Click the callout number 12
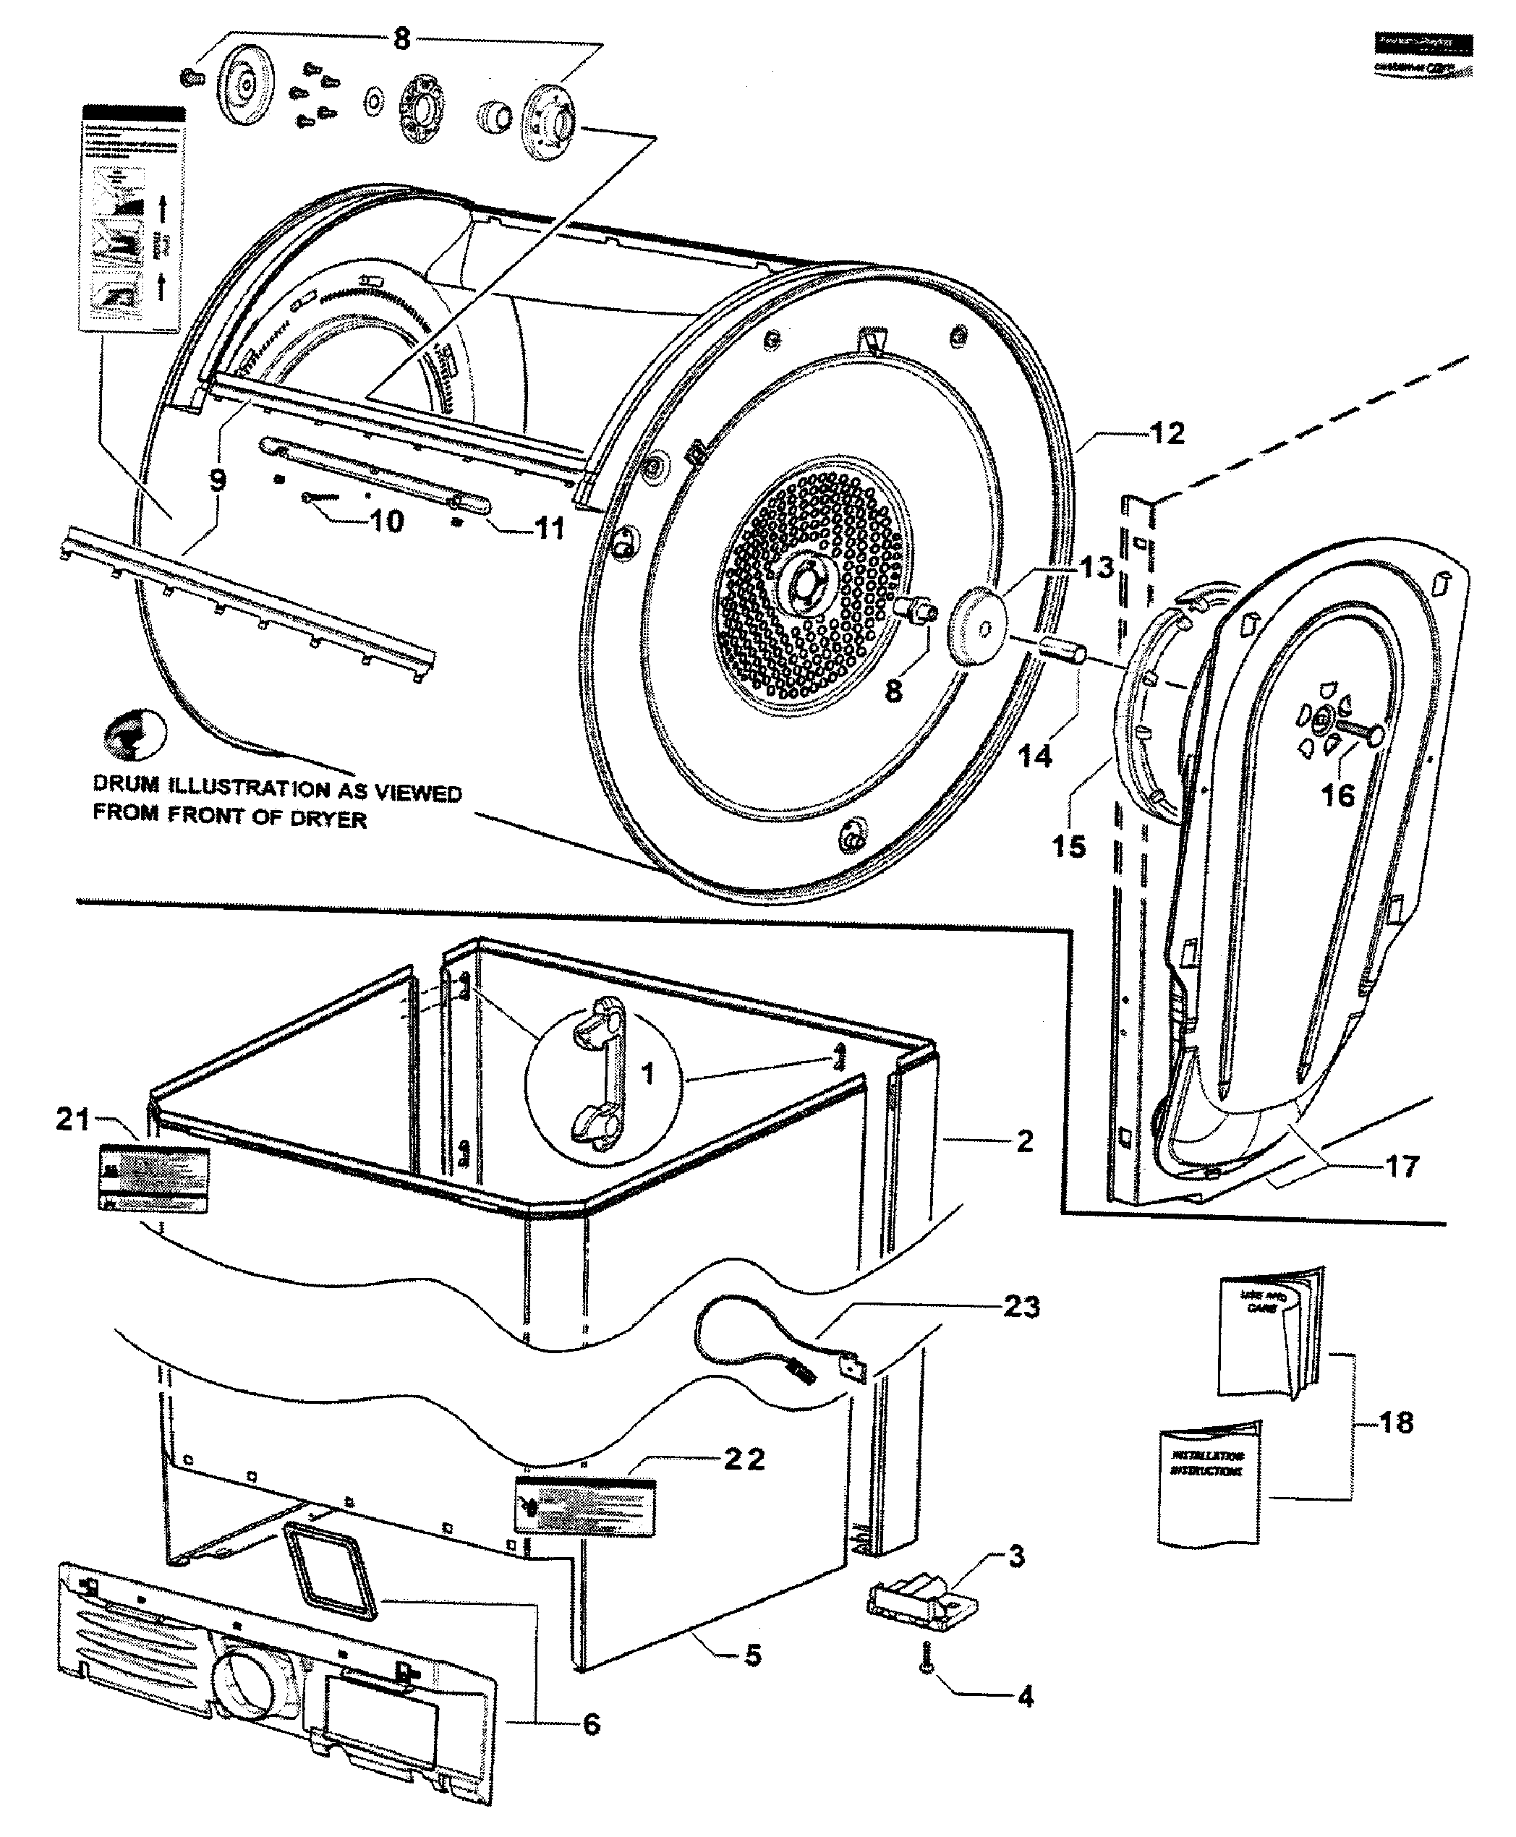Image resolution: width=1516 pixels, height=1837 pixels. pos(1167,434)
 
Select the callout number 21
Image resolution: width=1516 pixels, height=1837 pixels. pos(72,1120)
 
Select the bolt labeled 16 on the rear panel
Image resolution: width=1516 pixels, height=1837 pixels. pos(1355,730)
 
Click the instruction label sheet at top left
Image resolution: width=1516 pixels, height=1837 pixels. pos(134,218)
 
